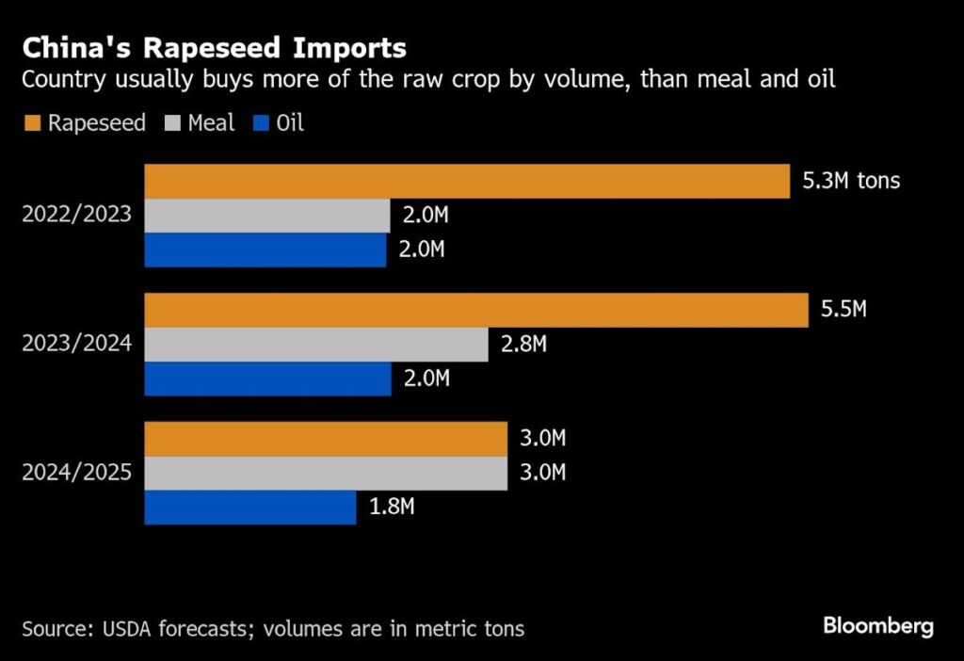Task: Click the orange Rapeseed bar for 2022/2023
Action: coord(466,181)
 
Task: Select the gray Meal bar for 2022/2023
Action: coord(266,216)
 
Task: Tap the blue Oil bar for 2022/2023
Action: coord(265,250)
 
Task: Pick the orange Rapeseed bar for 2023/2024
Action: coord(475,310)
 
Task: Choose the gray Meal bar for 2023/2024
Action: coord(315,345)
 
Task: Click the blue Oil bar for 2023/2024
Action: coord(267,379)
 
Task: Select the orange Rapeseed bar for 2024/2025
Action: coord(325,439)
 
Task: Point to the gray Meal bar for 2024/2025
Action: coord(325,473)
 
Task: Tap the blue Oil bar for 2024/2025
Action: coord(249,508)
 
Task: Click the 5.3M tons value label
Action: coord(851,180)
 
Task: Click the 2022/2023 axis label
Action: coord(77,216)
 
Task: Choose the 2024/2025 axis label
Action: coord(77,473)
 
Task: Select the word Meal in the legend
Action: coord(211,123)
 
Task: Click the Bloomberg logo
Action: coord(877,625)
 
